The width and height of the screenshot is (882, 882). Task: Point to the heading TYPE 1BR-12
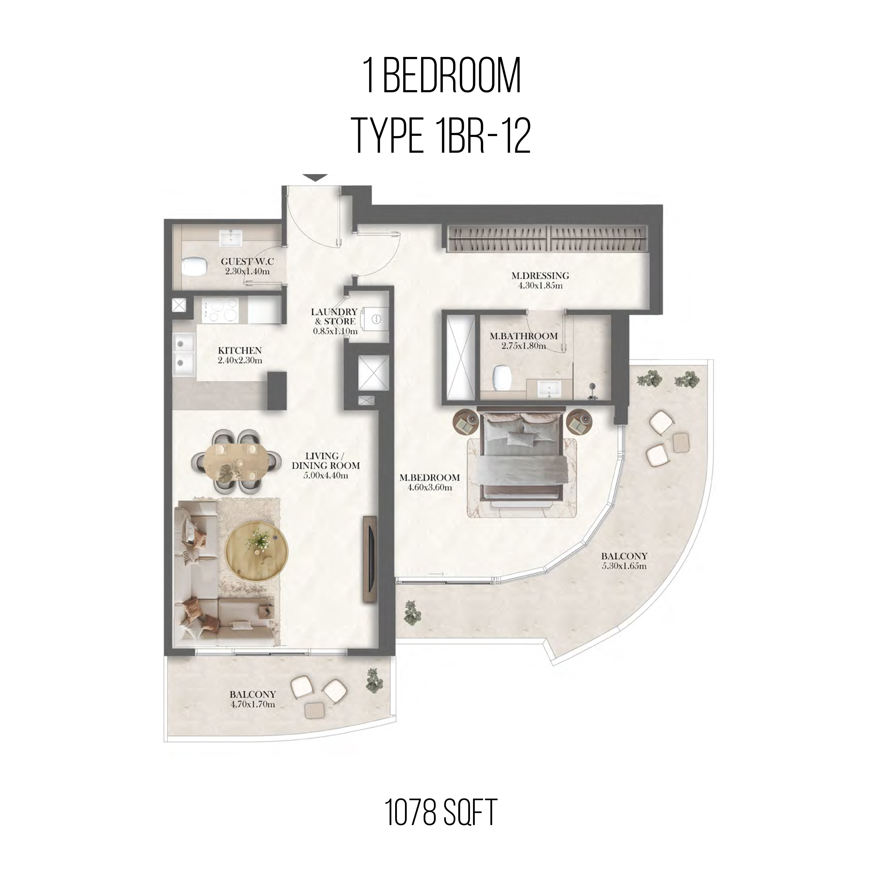442,137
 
